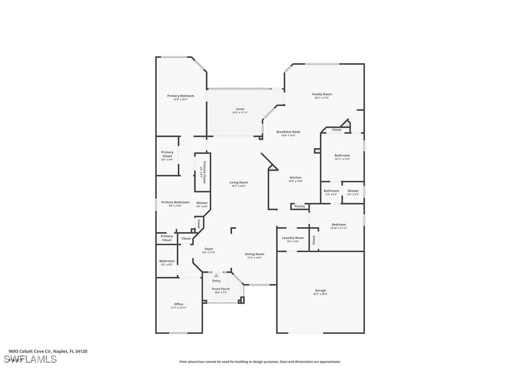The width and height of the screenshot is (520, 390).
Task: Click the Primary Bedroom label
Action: coord(181,96)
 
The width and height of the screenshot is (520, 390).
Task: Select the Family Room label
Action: coord(322,94)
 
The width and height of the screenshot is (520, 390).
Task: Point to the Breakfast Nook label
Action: coord(288,132)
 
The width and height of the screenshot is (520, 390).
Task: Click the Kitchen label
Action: coord(295,178)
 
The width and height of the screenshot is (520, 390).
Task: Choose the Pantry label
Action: coord(300,206)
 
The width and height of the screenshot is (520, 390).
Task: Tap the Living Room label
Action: coord(238,183)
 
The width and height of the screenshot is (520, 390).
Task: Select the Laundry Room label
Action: coord(293,238)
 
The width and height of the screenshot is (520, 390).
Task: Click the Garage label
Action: coord(320,290)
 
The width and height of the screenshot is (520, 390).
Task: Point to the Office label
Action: coord(178,304)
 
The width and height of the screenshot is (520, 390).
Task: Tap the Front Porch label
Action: coord(221,289)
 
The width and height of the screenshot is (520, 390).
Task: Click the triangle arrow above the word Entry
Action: coord(216,275)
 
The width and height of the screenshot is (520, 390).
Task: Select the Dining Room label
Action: coord(254,254)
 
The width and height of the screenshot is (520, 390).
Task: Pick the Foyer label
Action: coord(209,249)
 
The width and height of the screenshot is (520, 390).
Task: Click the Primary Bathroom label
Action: coord(175,202)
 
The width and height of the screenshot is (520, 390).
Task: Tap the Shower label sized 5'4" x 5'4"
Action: coord(353,191)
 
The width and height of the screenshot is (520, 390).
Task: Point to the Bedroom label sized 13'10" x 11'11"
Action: coord(339,225)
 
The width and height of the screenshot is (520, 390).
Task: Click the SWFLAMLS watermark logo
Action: coord(30,359)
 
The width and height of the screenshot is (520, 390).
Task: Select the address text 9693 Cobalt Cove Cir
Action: coord(29,351)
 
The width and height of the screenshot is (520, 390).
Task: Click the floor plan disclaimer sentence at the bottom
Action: coord(260,362)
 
